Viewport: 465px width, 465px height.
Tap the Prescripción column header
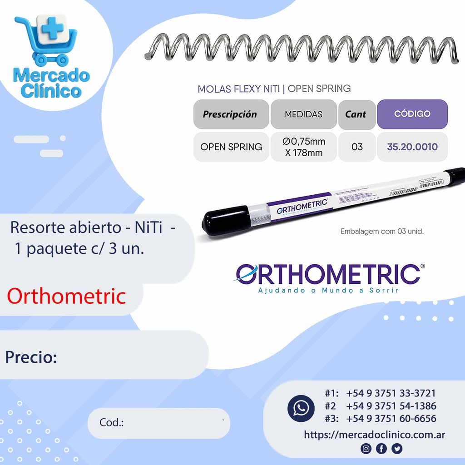click(x=231, y=114)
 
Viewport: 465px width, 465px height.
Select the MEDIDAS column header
click(x=303, y=114)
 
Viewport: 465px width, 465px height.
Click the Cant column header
click(x=356, y=114)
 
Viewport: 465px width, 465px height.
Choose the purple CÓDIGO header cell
click(x=412, y=114)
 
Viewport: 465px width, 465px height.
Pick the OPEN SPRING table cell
click(x=231, y=147)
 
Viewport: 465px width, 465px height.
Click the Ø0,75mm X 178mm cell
click(x=303, y=147)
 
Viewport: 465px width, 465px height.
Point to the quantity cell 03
click(x=357, y=147)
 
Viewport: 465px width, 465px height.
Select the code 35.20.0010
click(x=412, y=147)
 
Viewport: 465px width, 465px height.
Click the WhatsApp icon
click(x=301, y=407)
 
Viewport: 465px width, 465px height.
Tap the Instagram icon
click(x=366, y=449)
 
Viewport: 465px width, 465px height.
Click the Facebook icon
click(x=381, y=449)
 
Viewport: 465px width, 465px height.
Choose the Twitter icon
click(x=397, y=449)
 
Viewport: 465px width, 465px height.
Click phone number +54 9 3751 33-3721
click(x=391, y=393)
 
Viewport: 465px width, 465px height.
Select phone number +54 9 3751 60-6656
click(x=391, y=419)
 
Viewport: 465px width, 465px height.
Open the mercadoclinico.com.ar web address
click(x=374, y=435)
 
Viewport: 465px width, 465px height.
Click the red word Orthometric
click(x=66, y=296)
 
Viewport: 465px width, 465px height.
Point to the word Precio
click(x=31, y=357)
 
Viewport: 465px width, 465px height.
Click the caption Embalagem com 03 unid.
click(x=381, y=232)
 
